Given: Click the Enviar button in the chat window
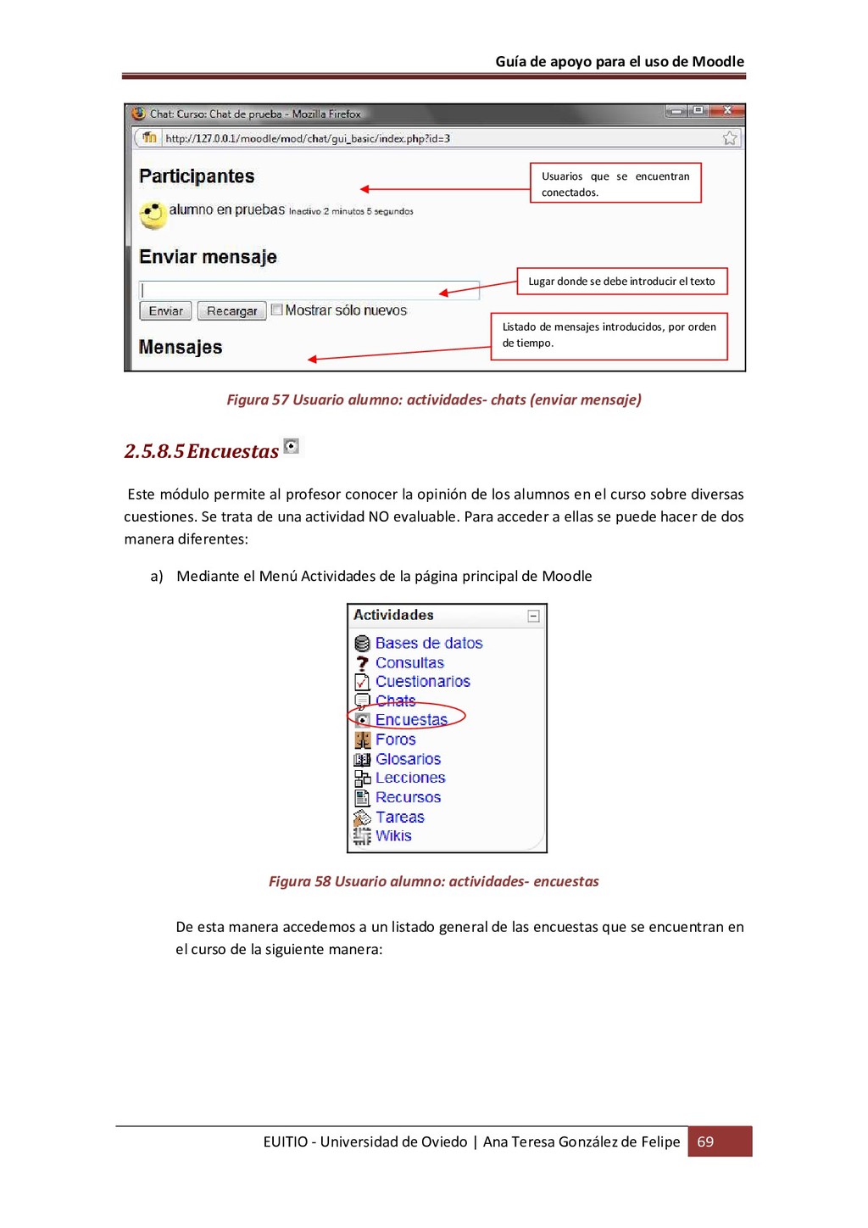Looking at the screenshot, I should [165, 311].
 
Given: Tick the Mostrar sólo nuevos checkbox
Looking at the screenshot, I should [276, 310].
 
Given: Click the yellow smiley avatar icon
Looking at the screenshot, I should [153, 214].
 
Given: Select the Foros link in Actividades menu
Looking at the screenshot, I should [395, 740].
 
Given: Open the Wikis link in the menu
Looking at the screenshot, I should [393, 836].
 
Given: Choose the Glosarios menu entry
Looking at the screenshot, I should [408, 759].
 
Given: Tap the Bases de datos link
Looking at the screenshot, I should [429, 643].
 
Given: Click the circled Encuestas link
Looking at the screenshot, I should [411, 720].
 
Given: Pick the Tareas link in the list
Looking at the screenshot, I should [400, 818].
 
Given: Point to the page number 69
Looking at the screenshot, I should [705, 1141].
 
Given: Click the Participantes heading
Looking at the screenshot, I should [197, 176].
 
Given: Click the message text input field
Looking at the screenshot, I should [309, 289].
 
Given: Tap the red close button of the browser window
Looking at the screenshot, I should [727, 111].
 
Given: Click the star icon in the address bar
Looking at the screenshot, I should [730, 138].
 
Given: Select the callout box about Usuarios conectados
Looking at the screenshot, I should [615, 183].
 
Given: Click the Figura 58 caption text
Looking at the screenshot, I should [433, 881].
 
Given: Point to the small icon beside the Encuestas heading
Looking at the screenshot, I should [292, 446].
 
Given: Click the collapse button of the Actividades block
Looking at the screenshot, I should [534, 616].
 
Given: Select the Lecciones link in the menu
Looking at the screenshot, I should [410, 778].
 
